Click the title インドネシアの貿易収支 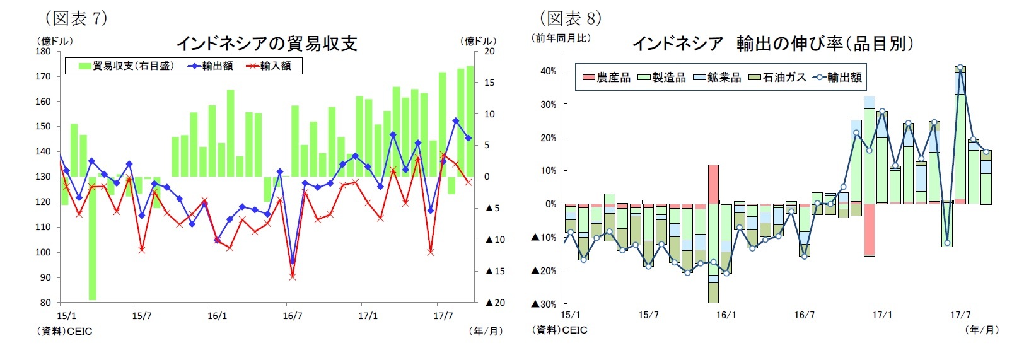(266, 43)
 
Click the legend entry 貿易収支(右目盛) (126, 66)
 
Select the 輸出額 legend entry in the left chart (211, 66)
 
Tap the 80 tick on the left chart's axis (45, 303)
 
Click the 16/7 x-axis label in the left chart (292, 316)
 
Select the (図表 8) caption (570, 18)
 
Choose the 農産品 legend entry (606, 78)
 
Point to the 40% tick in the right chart (548, 71)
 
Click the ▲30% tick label (544, 304)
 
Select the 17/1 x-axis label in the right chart (881, 315)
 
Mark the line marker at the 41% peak (960, 67)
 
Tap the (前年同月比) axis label (561, 38)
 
